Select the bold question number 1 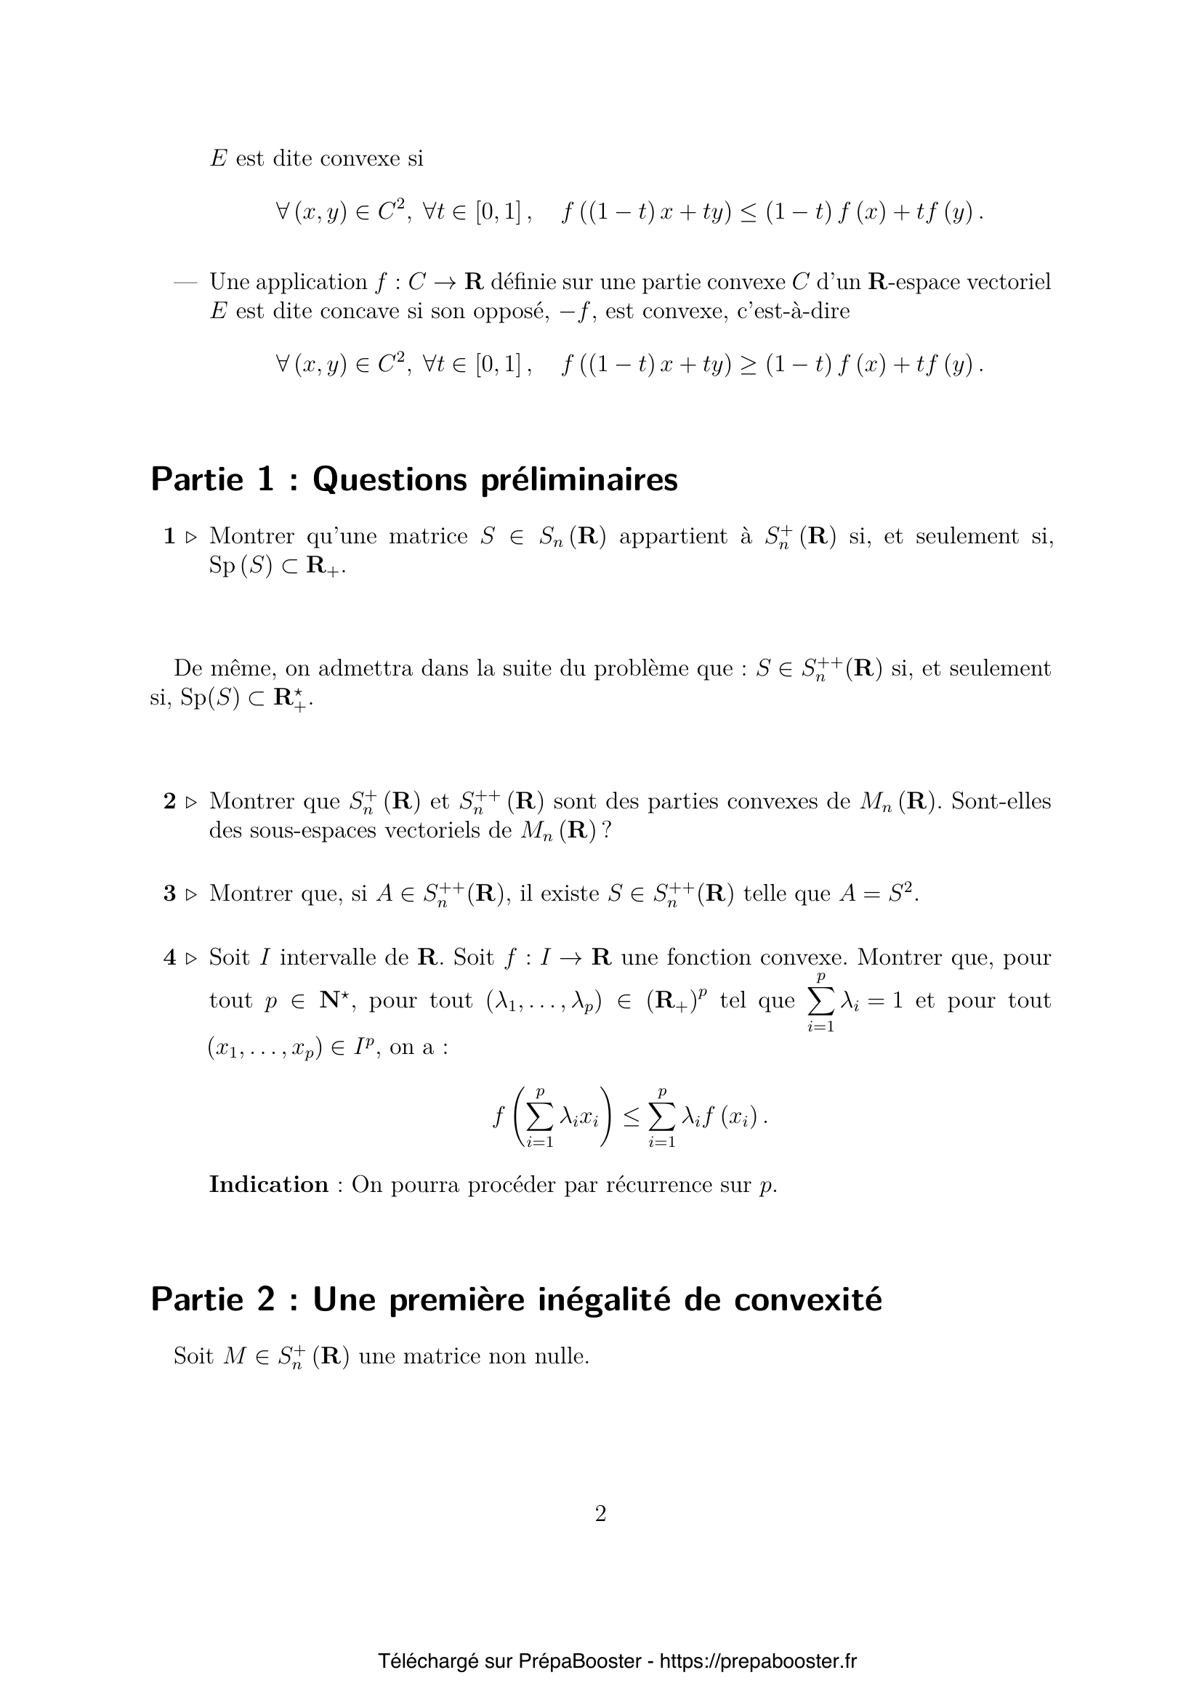[x=169, y=537]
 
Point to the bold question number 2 [x=169, y=801]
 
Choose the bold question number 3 [x=169, y=894]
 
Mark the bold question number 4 [x=169, y=958]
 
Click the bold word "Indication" [x=269, y=1185]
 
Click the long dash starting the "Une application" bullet [x=185, y=283]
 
